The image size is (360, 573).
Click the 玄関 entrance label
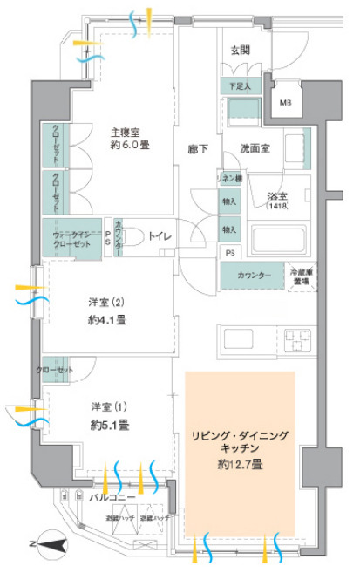click(240, 50)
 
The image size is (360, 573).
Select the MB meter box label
click(286, 102)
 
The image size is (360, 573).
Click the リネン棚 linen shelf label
click(230, 178)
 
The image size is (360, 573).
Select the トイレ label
click(159, 235)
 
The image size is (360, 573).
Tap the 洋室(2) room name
click(110, 302)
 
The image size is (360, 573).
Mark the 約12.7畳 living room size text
click(240, 465)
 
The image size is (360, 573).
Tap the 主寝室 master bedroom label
click(126, 132)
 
